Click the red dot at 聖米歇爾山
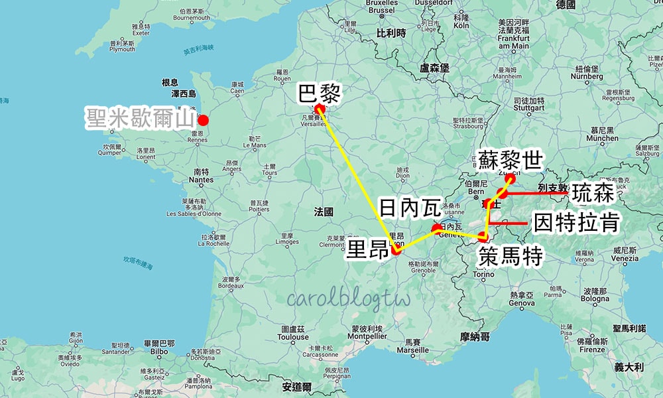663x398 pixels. pos(204,120)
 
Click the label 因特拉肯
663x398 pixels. pos(576,223)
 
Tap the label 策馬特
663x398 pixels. pos(509,255)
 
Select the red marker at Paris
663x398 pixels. pos(319,109)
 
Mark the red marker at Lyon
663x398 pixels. pos(396,250)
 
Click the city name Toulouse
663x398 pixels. pos(292,337)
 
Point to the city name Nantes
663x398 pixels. pos(201,180)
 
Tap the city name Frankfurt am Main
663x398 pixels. pos(512,42)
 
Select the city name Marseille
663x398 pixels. pos(412,350)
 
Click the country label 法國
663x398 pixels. pos(324,212)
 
